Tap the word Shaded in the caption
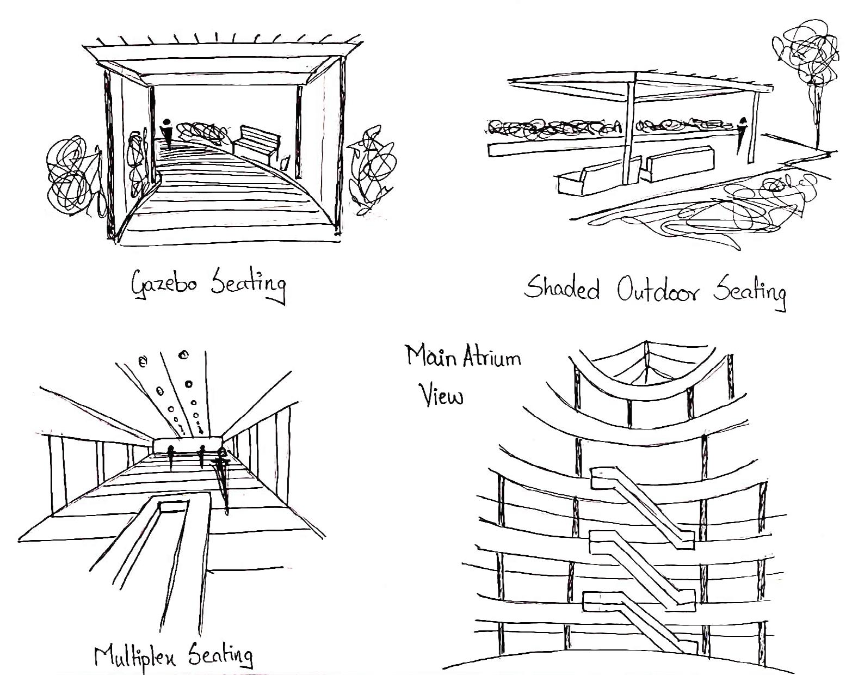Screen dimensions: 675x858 pyautogui.click(x=562, y=288)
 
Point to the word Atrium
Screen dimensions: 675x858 pyautogui.click(x=492, y=357)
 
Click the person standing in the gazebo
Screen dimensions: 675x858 pyautogui.click(x=168, y=132)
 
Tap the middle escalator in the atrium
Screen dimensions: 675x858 pyautogui.click(x=642, y=563)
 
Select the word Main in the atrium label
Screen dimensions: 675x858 pyautogui.click(x=431, y=356)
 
